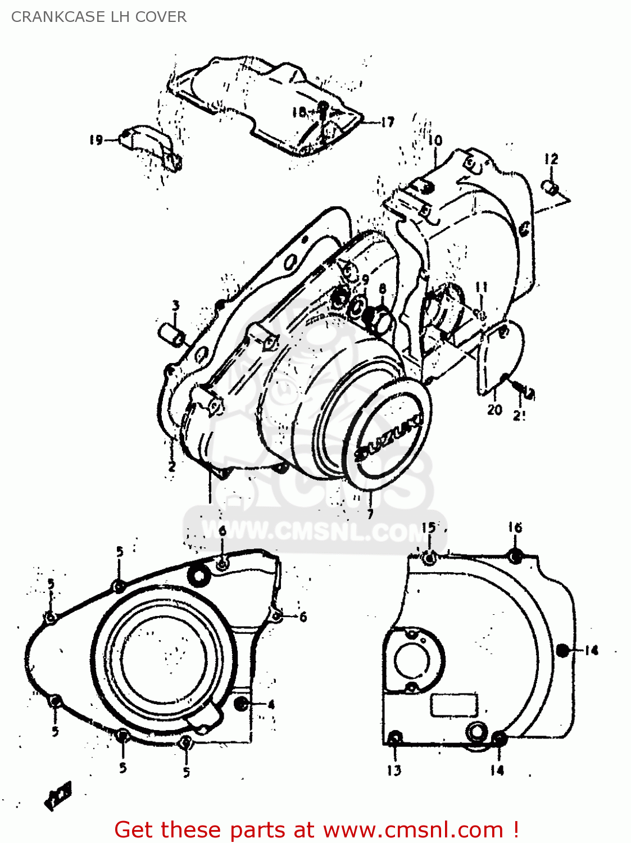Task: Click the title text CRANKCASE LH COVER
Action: tap(99, 17)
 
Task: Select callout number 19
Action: tap(96, 140)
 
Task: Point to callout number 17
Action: tap(387, 122)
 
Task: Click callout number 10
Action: tap(435, 140)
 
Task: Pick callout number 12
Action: tap(551, 159)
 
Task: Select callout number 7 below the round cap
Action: tap(370, 514)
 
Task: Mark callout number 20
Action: tap(494, 410)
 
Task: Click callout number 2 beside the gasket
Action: tap(171, 466)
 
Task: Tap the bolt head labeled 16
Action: tap(515, 556)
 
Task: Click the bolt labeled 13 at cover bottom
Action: tap(395, 738)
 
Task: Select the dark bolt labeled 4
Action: tap(242, 704)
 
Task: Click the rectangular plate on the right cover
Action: tap(454, 705)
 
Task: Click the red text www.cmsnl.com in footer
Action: tap(413, 830)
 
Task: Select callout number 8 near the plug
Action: tap(383, 289)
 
